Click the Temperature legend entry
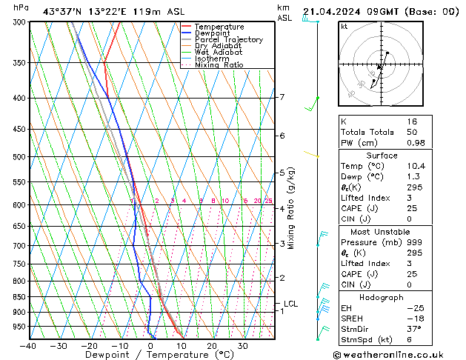(219, 27)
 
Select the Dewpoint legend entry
(214, 33)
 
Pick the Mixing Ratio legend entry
(219, 65)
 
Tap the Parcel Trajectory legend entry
(228, 40)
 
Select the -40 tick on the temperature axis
(29, 346)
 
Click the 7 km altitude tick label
(282, 97)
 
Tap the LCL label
(290, 304)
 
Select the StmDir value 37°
(413, 329)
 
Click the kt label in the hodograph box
(344, 26)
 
